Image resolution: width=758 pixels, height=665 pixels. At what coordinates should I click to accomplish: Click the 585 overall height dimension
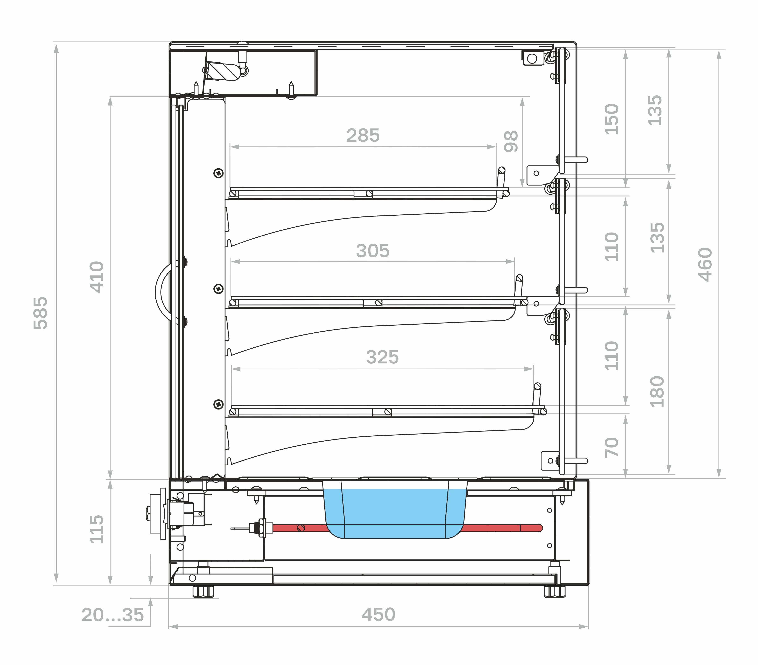(x=41, y=313)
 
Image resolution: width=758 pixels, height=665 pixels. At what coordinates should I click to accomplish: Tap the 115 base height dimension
(x=97, y=529)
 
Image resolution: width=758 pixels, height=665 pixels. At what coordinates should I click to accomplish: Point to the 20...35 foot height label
(x=112, y=615)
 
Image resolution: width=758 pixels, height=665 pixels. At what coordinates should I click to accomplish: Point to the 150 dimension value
(x=612, y=119)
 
